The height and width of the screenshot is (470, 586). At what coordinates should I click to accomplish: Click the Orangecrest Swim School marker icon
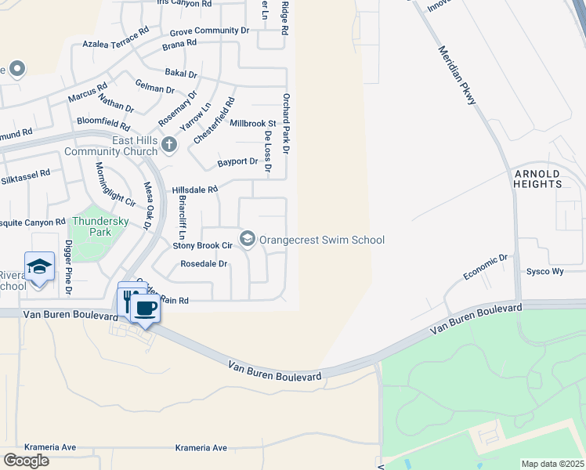[x=248, y=238]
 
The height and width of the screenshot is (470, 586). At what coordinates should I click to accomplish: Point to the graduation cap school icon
[x=39, y=266]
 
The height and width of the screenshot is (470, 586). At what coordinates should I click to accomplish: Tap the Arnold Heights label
[x=537, y=179]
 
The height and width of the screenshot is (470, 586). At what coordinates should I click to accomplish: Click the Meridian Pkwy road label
[x=458, y=74]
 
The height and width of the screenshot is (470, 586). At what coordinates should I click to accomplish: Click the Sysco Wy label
[x=546, y=271]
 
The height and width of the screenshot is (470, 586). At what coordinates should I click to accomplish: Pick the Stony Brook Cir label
[x=203, y=245]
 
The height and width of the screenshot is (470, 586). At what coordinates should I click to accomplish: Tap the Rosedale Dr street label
[x=204, y=264]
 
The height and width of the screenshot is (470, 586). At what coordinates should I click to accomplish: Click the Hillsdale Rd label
[x=194, y=190]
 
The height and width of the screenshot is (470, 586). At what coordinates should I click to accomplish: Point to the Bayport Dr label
[x=237, y=161]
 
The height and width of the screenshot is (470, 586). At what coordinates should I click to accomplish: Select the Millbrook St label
[x=253, y=123]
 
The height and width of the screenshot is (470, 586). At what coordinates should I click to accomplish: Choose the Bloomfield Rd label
[x=103, y=123]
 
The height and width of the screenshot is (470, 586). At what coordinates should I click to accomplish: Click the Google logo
[x=26, y=461]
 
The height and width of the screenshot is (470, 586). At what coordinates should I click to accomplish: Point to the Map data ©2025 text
[x=552, y=464]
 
